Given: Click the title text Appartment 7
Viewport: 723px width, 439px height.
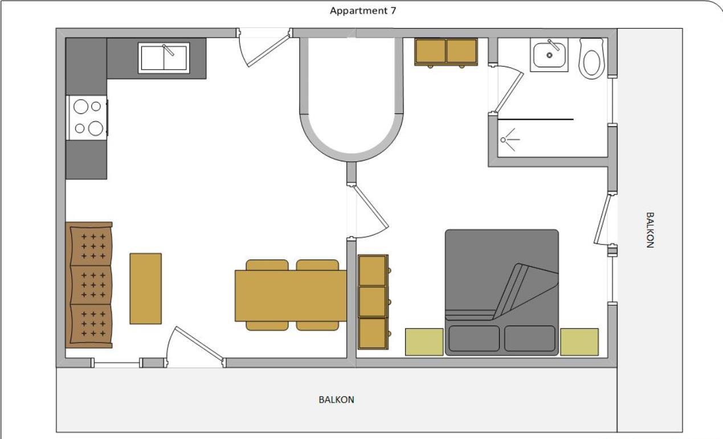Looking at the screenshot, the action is tap(363, 11).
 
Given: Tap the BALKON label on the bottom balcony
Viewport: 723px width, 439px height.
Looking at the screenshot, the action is tap(336, 400).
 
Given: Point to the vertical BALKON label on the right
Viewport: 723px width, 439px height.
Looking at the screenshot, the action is tap(650, 230).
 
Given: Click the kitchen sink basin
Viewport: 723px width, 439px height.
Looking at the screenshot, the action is tap(164, 58).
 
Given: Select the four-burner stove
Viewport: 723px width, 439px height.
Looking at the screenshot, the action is tap(87, 117).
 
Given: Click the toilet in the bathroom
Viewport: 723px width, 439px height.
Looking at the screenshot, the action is tap(591, 59).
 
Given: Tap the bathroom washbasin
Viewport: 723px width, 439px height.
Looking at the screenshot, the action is tap(549, 55).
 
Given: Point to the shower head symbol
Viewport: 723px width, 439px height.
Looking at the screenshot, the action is tap(510, 140).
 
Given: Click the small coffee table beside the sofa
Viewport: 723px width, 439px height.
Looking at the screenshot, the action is tap(145, 288).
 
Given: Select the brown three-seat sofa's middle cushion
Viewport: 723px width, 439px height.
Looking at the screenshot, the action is tap(91, 285).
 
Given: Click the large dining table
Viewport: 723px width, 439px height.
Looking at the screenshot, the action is tap(291, 295).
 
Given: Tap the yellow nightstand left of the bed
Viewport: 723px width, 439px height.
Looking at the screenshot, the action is tap(424, 342).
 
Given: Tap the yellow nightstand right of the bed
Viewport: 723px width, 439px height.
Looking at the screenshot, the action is tap(579, 342).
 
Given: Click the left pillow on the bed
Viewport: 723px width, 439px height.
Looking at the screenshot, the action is tap(474, 338).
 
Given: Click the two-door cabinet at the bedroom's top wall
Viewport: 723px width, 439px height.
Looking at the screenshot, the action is tap(446, 52).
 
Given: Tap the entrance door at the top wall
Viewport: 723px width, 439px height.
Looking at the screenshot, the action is tap(264, 47).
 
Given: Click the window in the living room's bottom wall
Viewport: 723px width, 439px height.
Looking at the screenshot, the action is tap(117, 363).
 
